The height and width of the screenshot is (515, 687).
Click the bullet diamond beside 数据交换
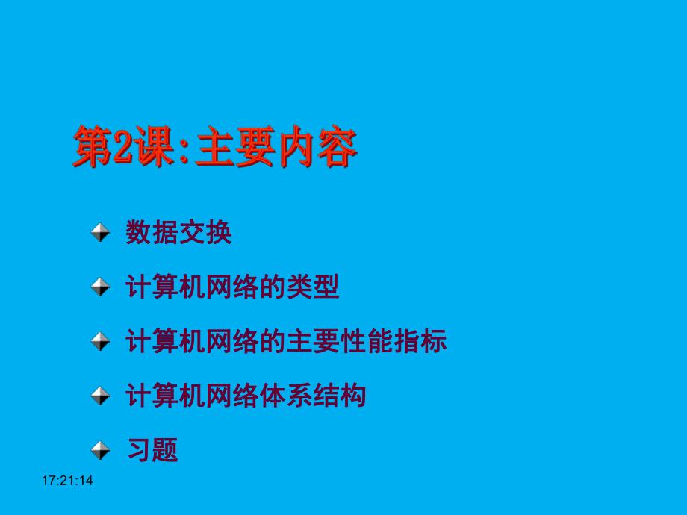click(x=100, y=234)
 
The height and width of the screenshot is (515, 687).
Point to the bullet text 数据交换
click(x=179, y=234)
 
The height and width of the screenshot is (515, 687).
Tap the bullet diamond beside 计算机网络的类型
click(x=100, y=287)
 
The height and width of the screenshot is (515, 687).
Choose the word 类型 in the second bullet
click(x=313, y=287)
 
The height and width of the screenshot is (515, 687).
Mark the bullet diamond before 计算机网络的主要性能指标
click(x=100, y=342)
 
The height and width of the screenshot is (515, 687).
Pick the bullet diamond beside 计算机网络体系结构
click(x=100, y=396)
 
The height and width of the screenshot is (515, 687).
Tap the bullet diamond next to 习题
click(x=100, y=449)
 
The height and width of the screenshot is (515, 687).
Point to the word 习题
click(x=152, y=449)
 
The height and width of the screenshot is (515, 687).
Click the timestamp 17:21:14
click(x=67, y=481)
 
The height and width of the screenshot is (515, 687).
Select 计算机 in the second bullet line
click(x=166, y=287)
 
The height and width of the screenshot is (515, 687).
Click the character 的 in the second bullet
click(x=273, y=287)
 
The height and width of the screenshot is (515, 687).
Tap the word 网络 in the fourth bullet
click(x=232, y=396)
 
